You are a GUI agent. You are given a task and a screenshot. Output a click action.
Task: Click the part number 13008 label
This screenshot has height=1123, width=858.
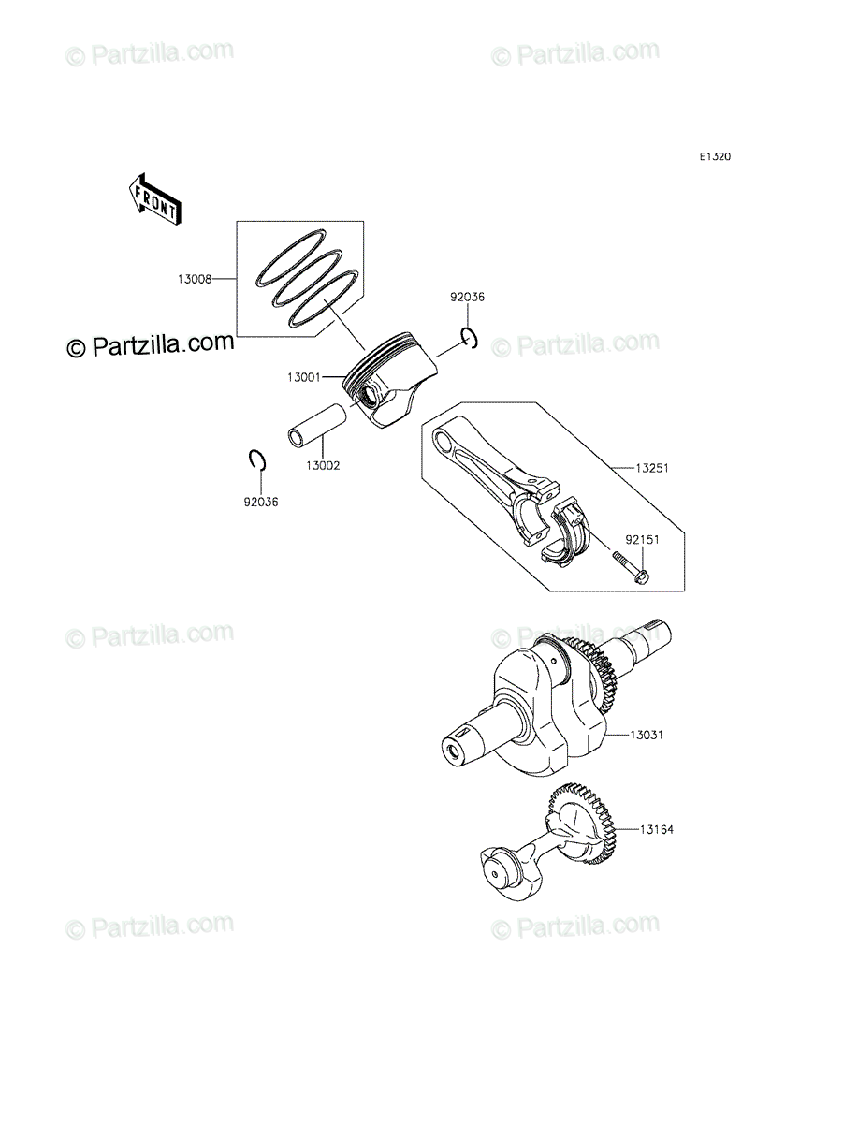coord(194,278)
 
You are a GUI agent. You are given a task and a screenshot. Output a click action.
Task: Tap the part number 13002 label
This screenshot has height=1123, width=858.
coord(323,465)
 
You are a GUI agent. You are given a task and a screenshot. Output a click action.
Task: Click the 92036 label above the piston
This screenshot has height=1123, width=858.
coord(468,298)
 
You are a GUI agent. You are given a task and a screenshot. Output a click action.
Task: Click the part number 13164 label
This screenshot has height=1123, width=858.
coord(657,829)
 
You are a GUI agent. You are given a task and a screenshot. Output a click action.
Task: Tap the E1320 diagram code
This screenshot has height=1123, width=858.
coord(714,157)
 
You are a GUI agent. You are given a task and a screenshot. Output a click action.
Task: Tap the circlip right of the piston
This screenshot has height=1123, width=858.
coord(471,339)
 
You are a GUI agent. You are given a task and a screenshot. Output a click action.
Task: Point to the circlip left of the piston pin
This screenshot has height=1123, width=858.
coord(259,460)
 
